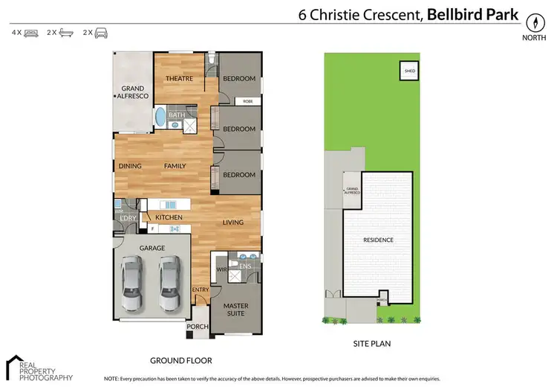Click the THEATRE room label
[x=179, y=79]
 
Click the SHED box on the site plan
[x=409, y=71]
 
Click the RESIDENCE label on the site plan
[x=377, y=240]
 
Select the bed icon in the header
[x=30, y=33]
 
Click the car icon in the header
[x=100, y=33]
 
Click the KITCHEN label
[x=169, y=217]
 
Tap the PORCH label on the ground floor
[x=197, y=327]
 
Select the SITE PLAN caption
[x=371, y=344]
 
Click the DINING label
[x=130, y=166]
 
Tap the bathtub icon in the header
[x=65, y=33]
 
